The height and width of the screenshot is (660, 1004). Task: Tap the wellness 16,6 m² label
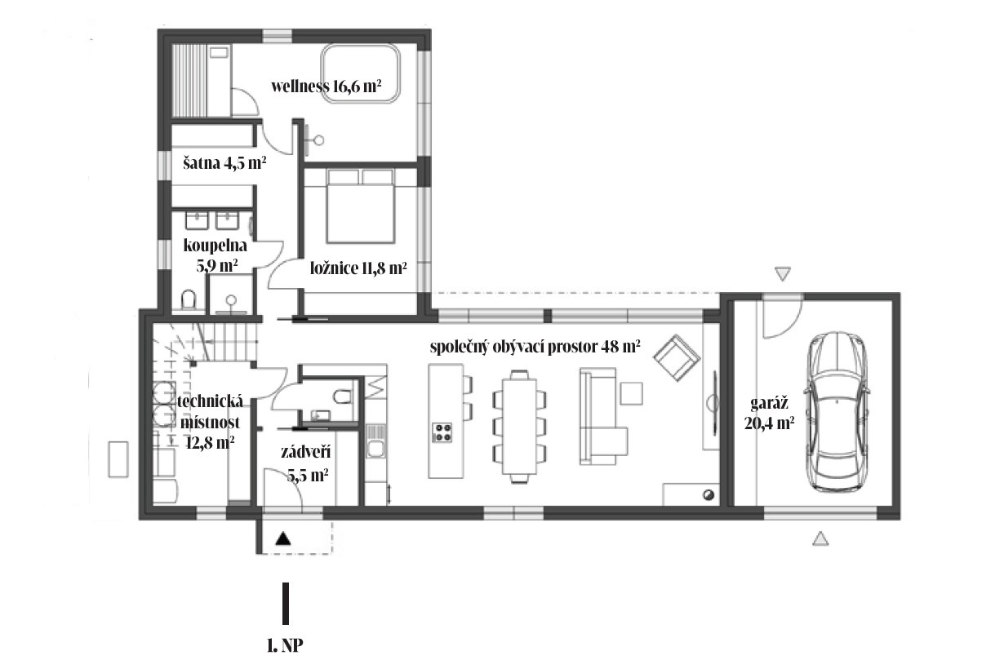[327, 86]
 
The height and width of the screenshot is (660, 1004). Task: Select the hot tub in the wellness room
[361, 74]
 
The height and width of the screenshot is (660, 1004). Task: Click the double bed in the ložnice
[361, 206]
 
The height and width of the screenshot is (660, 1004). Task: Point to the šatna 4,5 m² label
[224, 163]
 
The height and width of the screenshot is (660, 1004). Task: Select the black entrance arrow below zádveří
[282, 538]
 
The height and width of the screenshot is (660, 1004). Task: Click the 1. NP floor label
[285, 645]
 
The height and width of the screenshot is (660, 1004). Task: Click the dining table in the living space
[519, 426]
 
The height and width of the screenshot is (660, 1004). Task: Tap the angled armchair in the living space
[677, 357]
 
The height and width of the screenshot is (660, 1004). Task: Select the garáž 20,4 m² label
[770, 413]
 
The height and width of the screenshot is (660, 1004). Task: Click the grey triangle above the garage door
[783, 272]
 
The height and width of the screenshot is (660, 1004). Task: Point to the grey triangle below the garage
[820, 538]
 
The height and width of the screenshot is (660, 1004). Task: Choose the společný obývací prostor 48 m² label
[535, 347]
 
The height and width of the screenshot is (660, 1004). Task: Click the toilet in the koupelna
[189, 299]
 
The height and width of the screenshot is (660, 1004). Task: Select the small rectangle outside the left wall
[118, 459]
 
